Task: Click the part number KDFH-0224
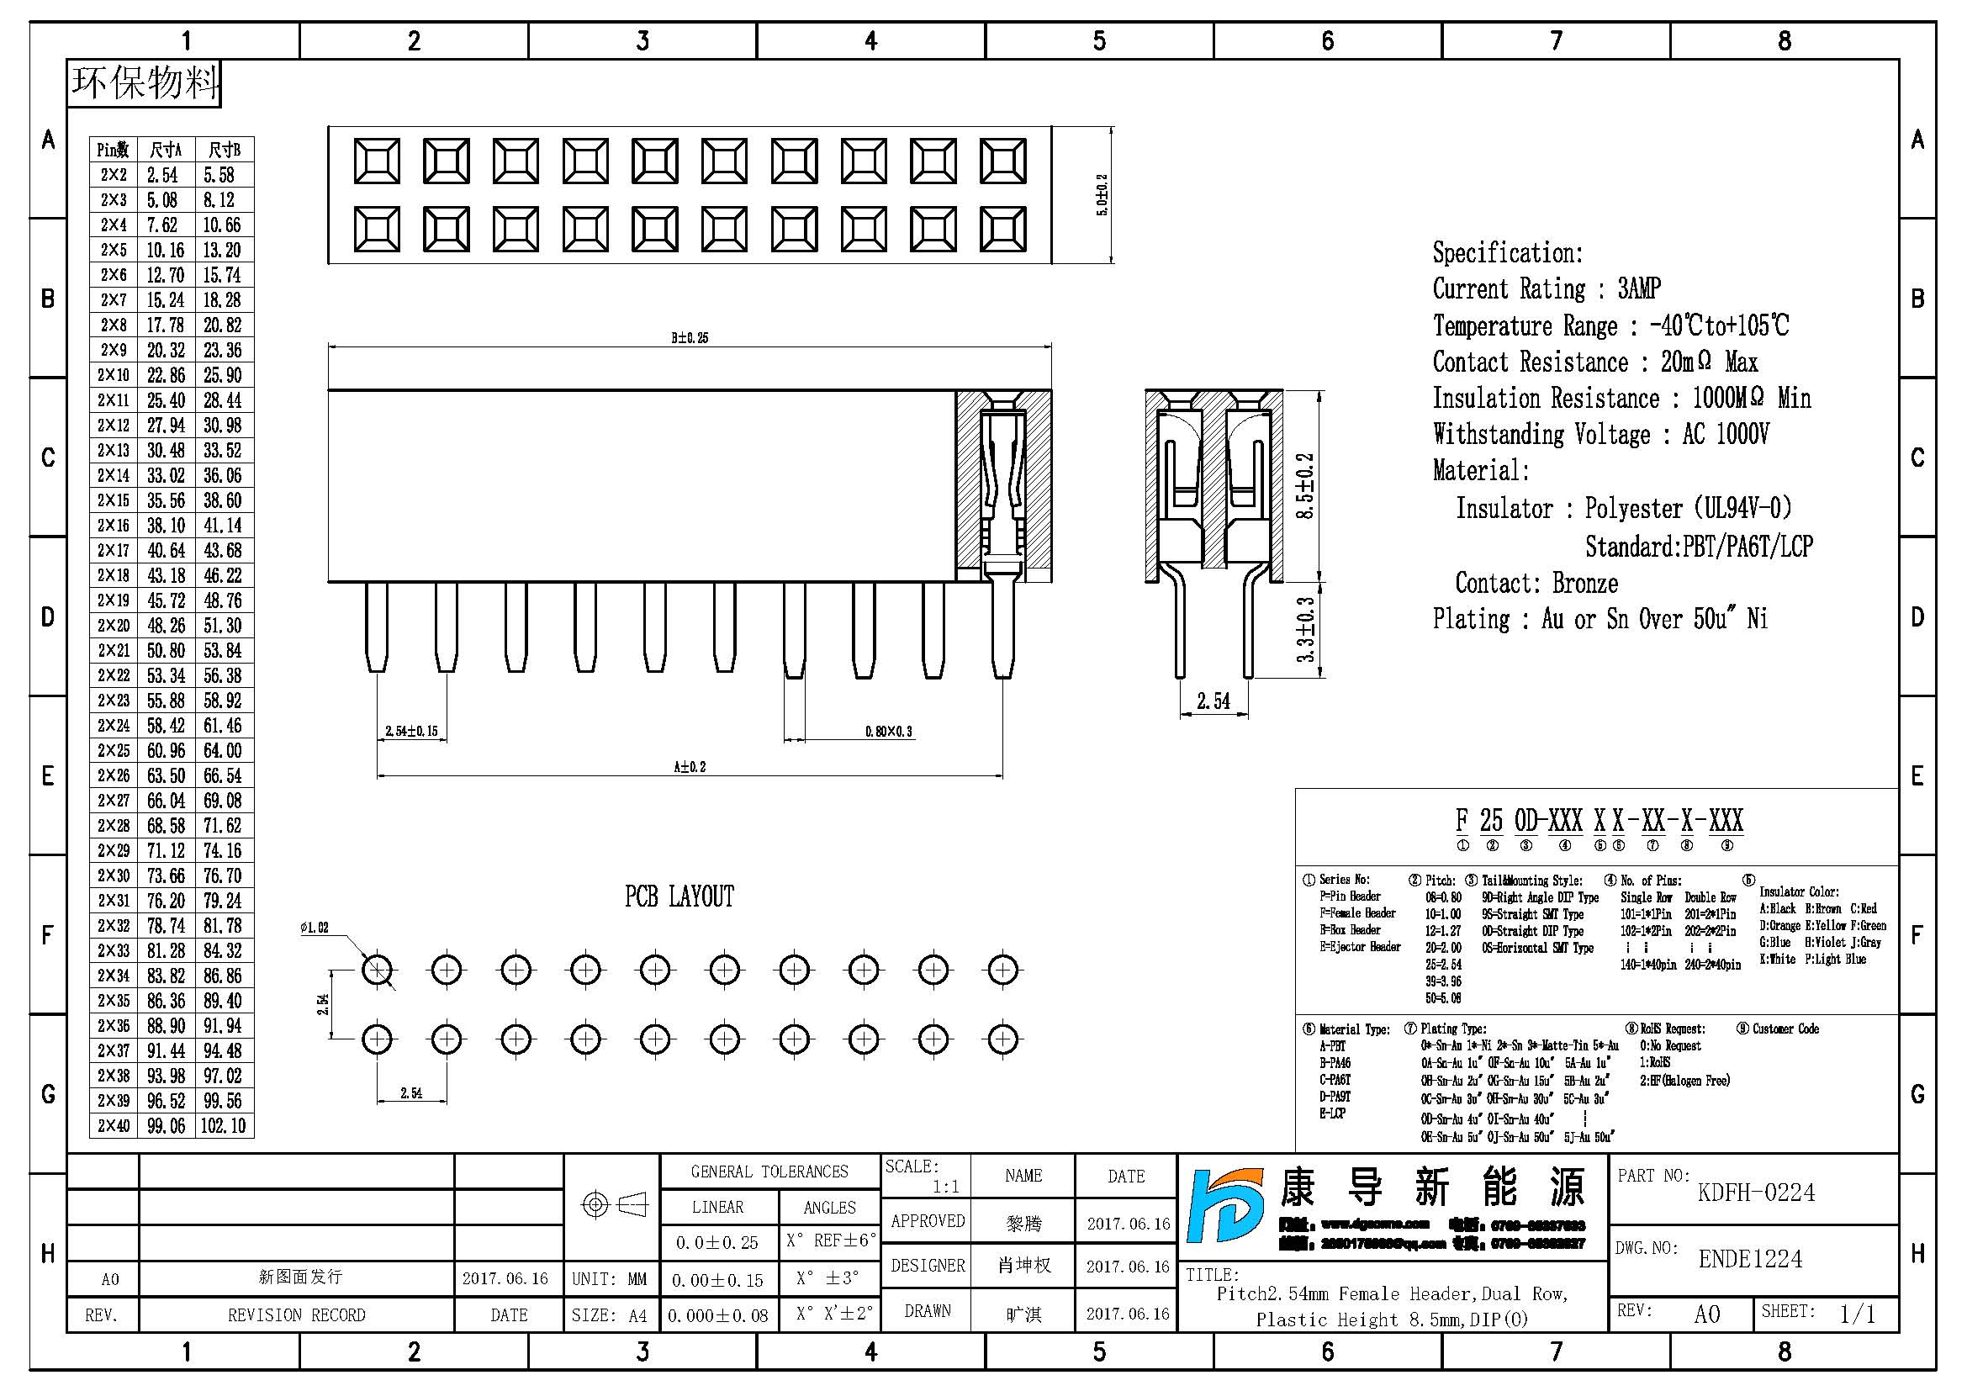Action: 1755,1193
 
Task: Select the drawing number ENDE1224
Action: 1749,1258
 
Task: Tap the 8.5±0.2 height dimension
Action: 1304,485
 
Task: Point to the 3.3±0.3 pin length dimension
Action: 1304,630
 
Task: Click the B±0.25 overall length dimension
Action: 690,337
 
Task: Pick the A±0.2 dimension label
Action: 690,767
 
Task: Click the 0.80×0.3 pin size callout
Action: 888,732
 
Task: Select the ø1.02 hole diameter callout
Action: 315,928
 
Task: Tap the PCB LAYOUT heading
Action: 679,896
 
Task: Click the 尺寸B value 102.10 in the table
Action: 223,1125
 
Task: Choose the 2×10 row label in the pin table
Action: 113,375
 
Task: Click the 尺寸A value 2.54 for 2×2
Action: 163,175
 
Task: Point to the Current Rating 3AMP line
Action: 1547,288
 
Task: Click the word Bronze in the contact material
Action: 1585,584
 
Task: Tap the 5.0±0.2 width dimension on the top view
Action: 1102,195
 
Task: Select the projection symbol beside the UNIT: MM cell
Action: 613,1205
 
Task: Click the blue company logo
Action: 1226,1205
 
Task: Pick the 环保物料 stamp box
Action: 144,83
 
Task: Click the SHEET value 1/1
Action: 1858,1314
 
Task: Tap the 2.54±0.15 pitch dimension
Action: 411,732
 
